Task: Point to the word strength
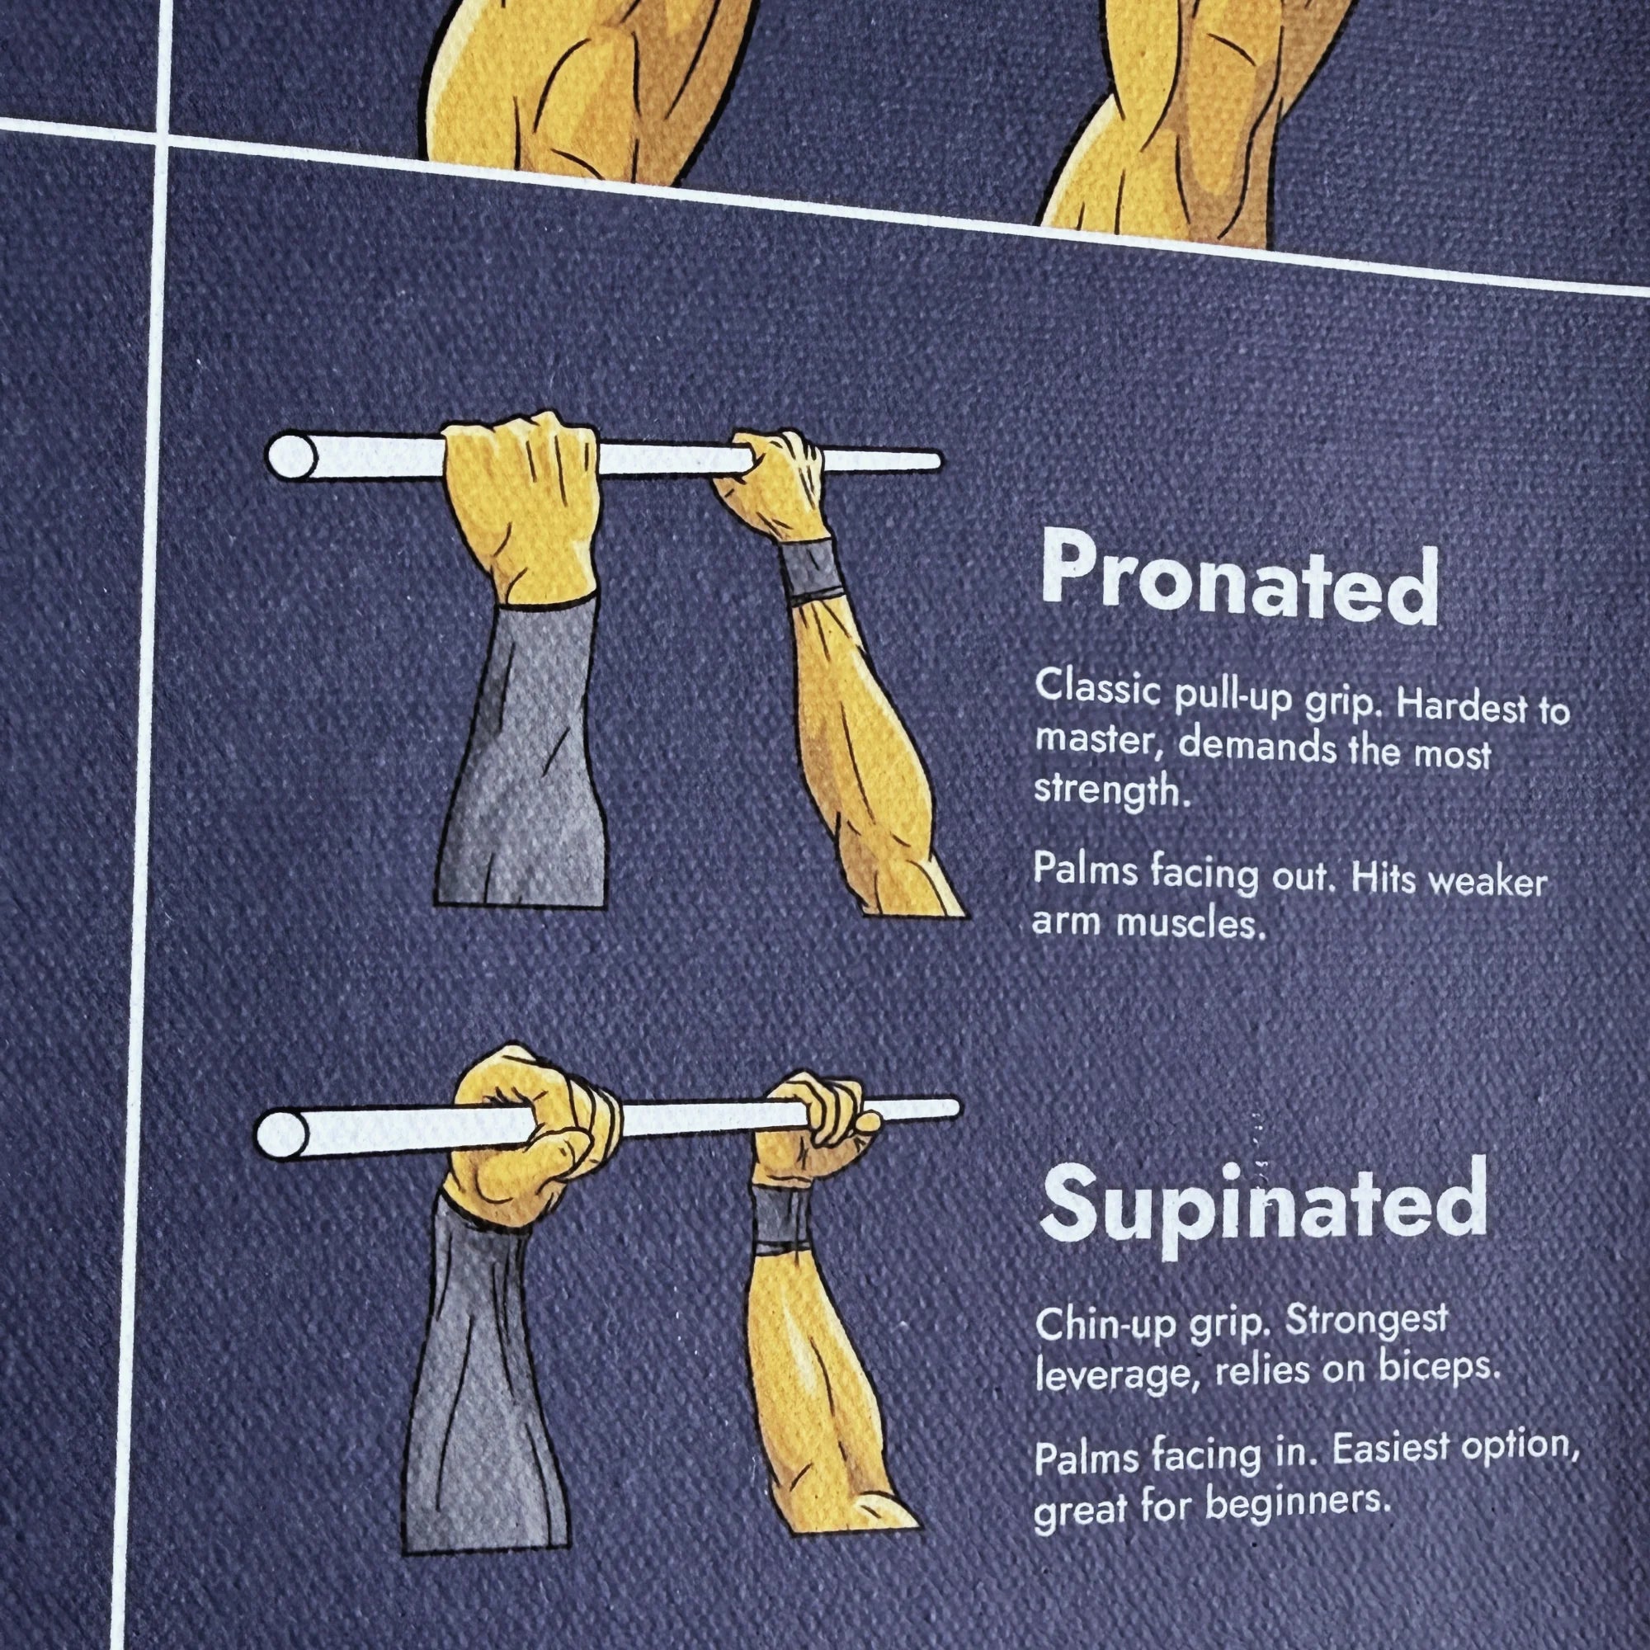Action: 1111,791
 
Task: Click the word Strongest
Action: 1366,1321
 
